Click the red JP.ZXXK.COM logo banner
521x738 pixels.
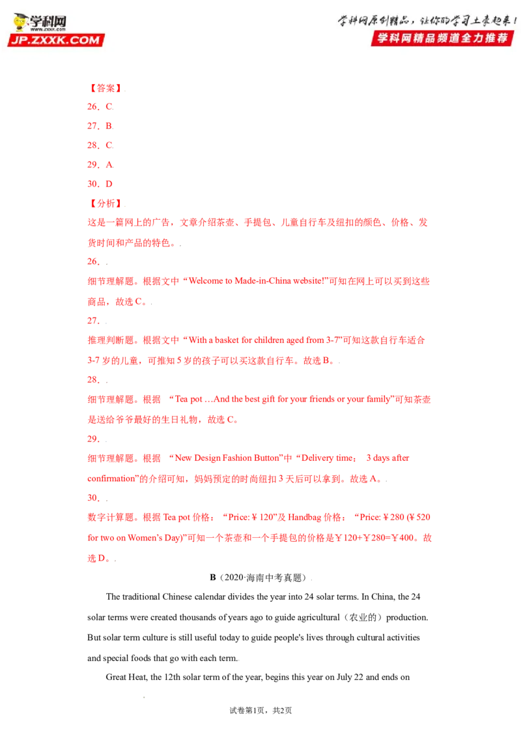[x=56, y=40]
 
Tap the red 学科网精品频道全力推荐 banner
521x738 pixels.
[x=442, y=38]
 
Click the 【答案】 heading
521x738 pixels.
[x=106, y=88]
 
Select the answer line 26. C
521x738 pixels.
[x=100, y=107]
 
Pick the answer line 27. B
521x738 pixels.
[x=100, y=126]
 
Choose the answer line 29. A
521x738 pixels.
[x=100, y=165]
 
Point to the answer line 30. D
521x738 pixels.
[x=100, y=184]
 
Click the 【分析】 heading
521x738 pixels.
[x=106, y=203]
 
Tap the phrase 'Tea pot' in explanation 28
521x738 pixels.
[x=189, y=399]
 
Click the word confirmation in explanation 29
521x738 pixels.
[x=111, y=479]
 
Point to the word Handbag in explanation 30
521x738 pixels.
[x=304, y=517]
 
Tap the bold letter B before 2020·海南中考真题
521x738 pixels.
[x=213, y=578]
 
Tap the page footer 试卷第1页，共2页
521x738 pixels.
[x=260, y=711]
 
